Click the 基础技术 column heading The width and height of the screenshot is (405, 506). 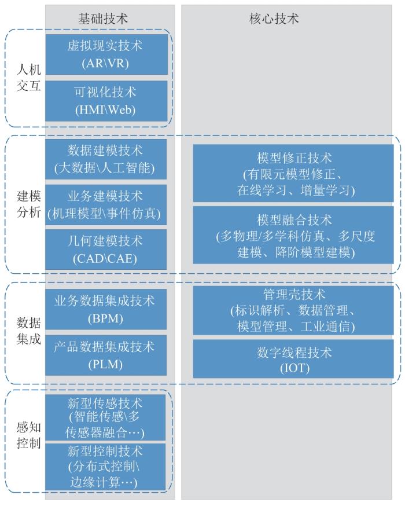(103, 19)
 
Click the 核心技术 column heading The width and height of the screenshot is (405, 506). (274, 19)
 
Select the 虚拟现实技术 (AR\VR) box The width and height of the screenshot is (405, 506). (106, 54)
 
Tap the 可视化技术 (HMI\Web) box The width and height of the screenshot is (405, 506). (106, 101)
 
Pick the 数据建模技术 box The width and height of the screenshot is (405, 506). (106, 159)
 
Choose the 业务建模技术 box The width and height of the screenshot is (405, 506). (106, 204)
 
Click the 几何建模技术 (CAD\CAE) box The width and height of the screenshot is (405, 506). (106, 250)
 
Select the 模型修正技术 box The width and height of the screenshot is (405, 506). (293, 173)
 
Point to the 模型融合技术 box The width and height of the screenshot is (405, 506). (293, 235)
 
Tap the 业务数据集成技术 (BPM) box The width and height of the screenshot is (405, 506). (106, 309)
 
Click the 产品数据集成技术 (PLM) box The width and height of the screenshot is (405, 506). (106, 355)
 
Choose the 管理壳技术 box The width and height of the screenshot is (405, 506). (293, 310)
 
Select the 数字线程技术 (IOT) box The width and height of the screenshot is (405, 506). (293, 358)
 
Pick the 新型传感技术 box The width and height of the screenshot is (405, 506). (105, 417)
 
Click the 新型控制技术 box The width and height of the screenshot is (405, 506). (105, 467)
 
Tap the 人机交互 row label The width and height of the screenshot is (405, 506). (29, 78)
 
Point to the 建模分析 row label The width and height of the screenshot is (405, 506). (29, 204)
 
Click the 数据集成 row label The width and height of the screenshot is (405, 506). (29, 331)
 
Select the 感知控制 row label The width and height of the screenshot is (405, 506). (29, 435)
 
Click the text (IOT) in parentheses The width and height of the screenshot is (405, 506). (294, 368)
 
